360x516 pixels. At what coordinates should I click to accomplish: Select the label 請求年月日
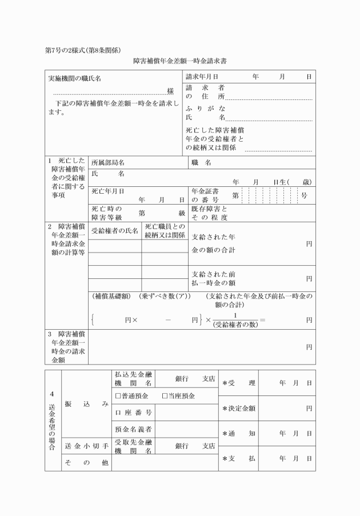pos(202,77)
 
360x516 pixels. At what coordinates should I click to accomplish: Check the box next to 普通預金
pos(118,396)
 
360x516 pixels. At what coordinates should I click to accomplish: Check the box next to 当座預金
pos(165,396)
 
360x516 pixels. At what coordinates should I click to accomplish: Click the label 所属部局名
pos(108,162)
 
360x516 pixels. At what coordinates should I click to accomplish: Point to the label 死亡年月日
pos(108,191)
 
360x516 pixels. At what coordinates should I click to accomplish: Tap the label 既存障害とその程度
pos(210,213)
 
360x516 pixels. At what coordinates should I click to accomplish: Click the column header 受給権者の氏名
pos(115,231)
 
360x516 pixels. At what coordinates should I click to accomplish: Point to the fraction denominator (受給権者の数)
pos(234,325)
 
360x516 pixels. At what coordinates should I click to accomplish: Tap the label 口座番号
pos(133,412)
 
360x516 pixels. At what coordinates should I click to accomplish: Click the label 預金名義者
pos(133,428)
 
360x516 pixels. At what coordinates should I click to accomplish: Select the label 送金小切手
pos(86,446)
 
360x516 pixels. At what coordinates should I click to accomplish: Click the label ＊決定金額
pos(239,409)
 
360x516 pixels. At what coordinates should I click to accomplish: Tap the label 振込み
pos(86,403)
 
